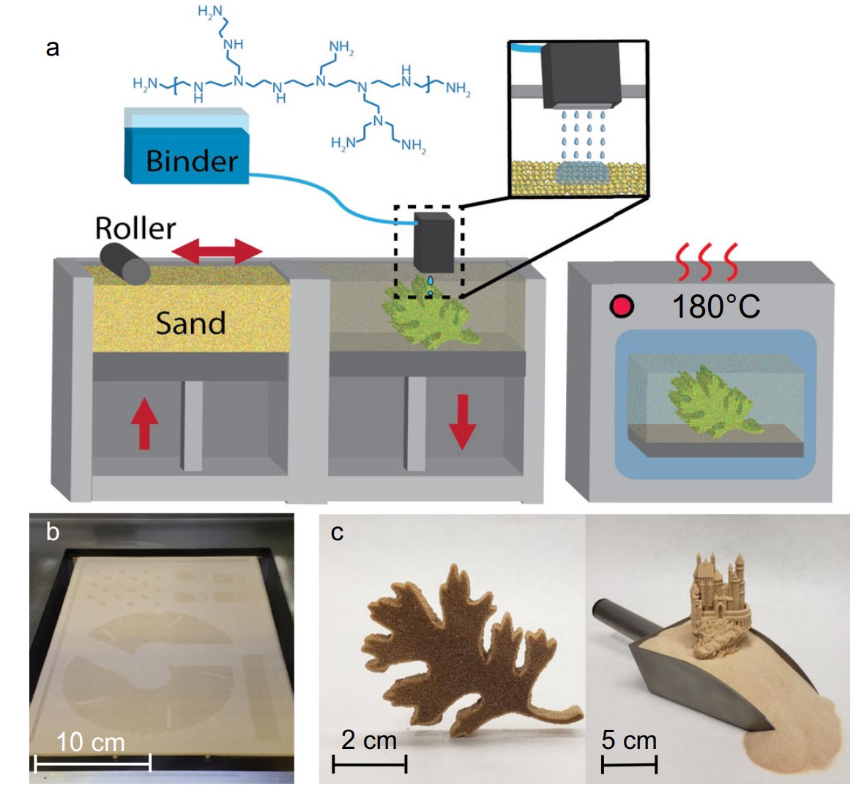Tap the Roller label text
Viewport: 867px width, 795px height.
pos(135,228)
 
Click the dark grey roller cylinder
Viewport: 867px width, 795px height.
pos(125,263)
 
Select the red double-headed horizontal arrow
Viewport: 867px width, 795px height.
pos(217,252)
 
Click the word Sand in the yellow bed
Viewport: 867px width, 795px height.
pos(191,323)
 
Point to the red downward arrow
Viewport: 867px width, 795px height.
pos(462,421)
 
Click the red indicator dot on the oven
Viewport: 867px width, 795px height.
pos(622,306)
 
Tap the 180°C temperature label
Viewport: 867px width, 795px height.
pos(716,306)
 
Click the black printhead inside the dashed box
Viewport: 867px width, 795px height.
pos(435,242)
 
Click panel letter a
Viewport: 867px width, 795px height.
pos(52,48)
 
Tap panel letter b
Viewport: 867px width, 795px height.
pos(53,531)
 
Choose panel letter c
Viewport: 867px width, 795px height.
pos(337,532)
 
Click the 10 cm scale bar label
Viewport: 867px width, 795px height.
pos(91,742)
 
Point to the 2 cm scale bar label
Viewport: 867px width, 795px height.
pos(369,739)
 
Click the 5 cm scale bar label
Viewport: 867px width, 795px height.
pos(629,739)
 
